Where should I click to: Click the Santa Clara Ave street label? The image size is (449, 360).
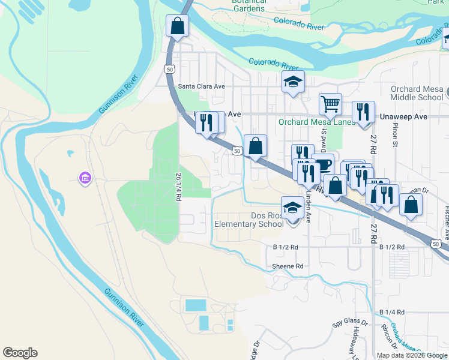click(x=201, y=86)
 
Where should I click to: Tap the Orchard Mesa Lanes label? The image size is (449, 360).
click(x=309, y=122)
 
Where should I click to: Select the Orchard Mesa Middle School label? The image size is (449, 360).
click(x=417, y=93)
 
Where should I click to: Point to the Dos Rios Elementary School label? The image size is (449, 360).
click(x=249, y=220)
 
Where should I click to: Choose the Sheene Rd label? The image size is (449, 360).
click(x=288, y=266)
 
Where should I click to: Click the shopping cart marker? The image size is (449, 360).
click(x=330, y=104)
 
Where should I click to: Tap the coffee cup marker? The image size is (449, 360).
click(x=323, y=164)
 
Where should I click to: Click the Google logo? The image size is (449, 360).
click(x=20, y=353)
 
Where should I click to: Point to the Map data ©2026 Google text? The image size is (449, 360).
click(x=412, y=355)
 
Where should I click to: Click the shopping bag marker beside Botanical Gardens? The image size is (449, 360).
click(x=178, y=25)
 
